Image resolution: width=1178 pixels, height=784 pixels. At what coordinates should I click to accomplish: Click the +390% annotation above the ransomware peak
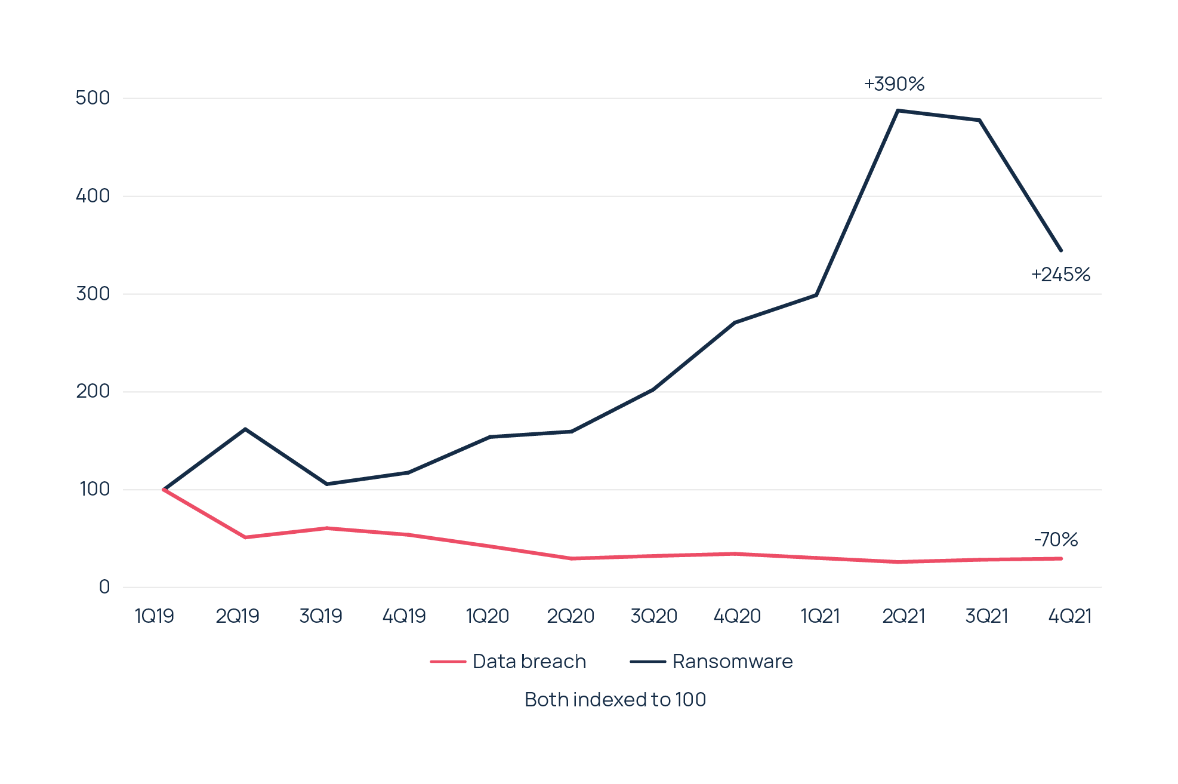(894, 84)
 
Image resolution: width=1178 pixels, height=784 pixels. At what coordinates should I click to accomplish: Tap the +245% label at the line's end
(1060, 275)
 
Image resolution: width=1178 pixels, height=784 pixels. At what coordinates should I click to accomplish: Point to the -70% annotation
(1056, 540)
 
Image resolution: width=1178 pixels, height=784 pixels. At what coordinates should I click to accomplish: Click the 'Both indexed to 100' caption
(615, 699)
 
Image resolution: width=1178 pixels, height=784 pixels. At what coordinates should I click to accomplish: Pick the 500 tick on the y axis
(93, 98)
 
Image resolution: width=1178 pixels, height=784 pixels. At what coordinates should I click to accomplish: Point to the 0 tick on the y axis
(104, 587)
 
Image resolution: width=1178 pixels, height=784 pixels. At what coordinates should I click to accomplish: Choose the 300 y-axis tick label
(93, 294)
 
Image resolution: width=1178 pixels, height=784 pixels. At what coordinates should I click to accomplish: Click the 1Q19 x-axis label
(155, 616)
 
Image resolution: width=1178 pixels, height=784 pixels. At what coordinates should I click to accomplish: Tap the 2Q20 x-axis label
(571, 616)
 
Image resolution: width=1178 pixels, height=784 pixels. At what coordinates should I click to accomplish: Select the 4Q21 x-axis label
(1069, 616)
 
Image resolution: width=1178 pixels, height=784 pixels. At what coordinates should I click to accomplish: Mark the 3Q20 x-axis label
(653, 616)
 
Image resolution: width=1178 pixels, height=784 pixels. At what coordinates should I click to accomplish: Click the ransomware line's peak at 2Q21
(898, 110)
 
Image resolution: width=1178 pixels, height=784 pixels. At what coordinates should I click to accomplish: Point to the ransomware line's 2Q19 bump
(245, 429)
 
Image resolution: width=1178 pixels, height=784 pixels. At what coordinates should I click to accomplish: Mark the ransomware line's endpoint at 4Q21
(1060, 250)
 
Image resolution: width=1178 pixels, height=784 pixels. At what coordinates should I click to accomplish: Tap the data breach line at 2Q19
(245, 537)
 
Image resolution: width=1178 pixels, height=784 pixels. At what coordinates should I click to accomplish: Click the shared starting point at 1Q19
(163, 489)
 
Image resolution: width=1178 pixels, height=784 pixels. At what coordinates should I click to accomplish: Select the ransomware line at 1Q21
(816, 295)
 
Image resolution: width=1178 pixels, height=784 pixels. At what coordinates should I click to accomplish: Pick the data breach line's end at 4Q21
(1060, 558)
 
